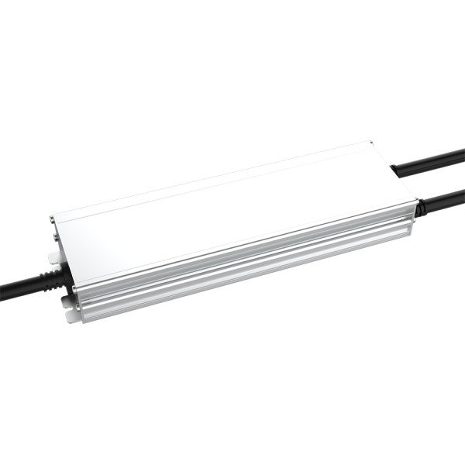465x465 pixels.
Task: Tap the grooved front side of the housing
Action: point(248,248)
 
